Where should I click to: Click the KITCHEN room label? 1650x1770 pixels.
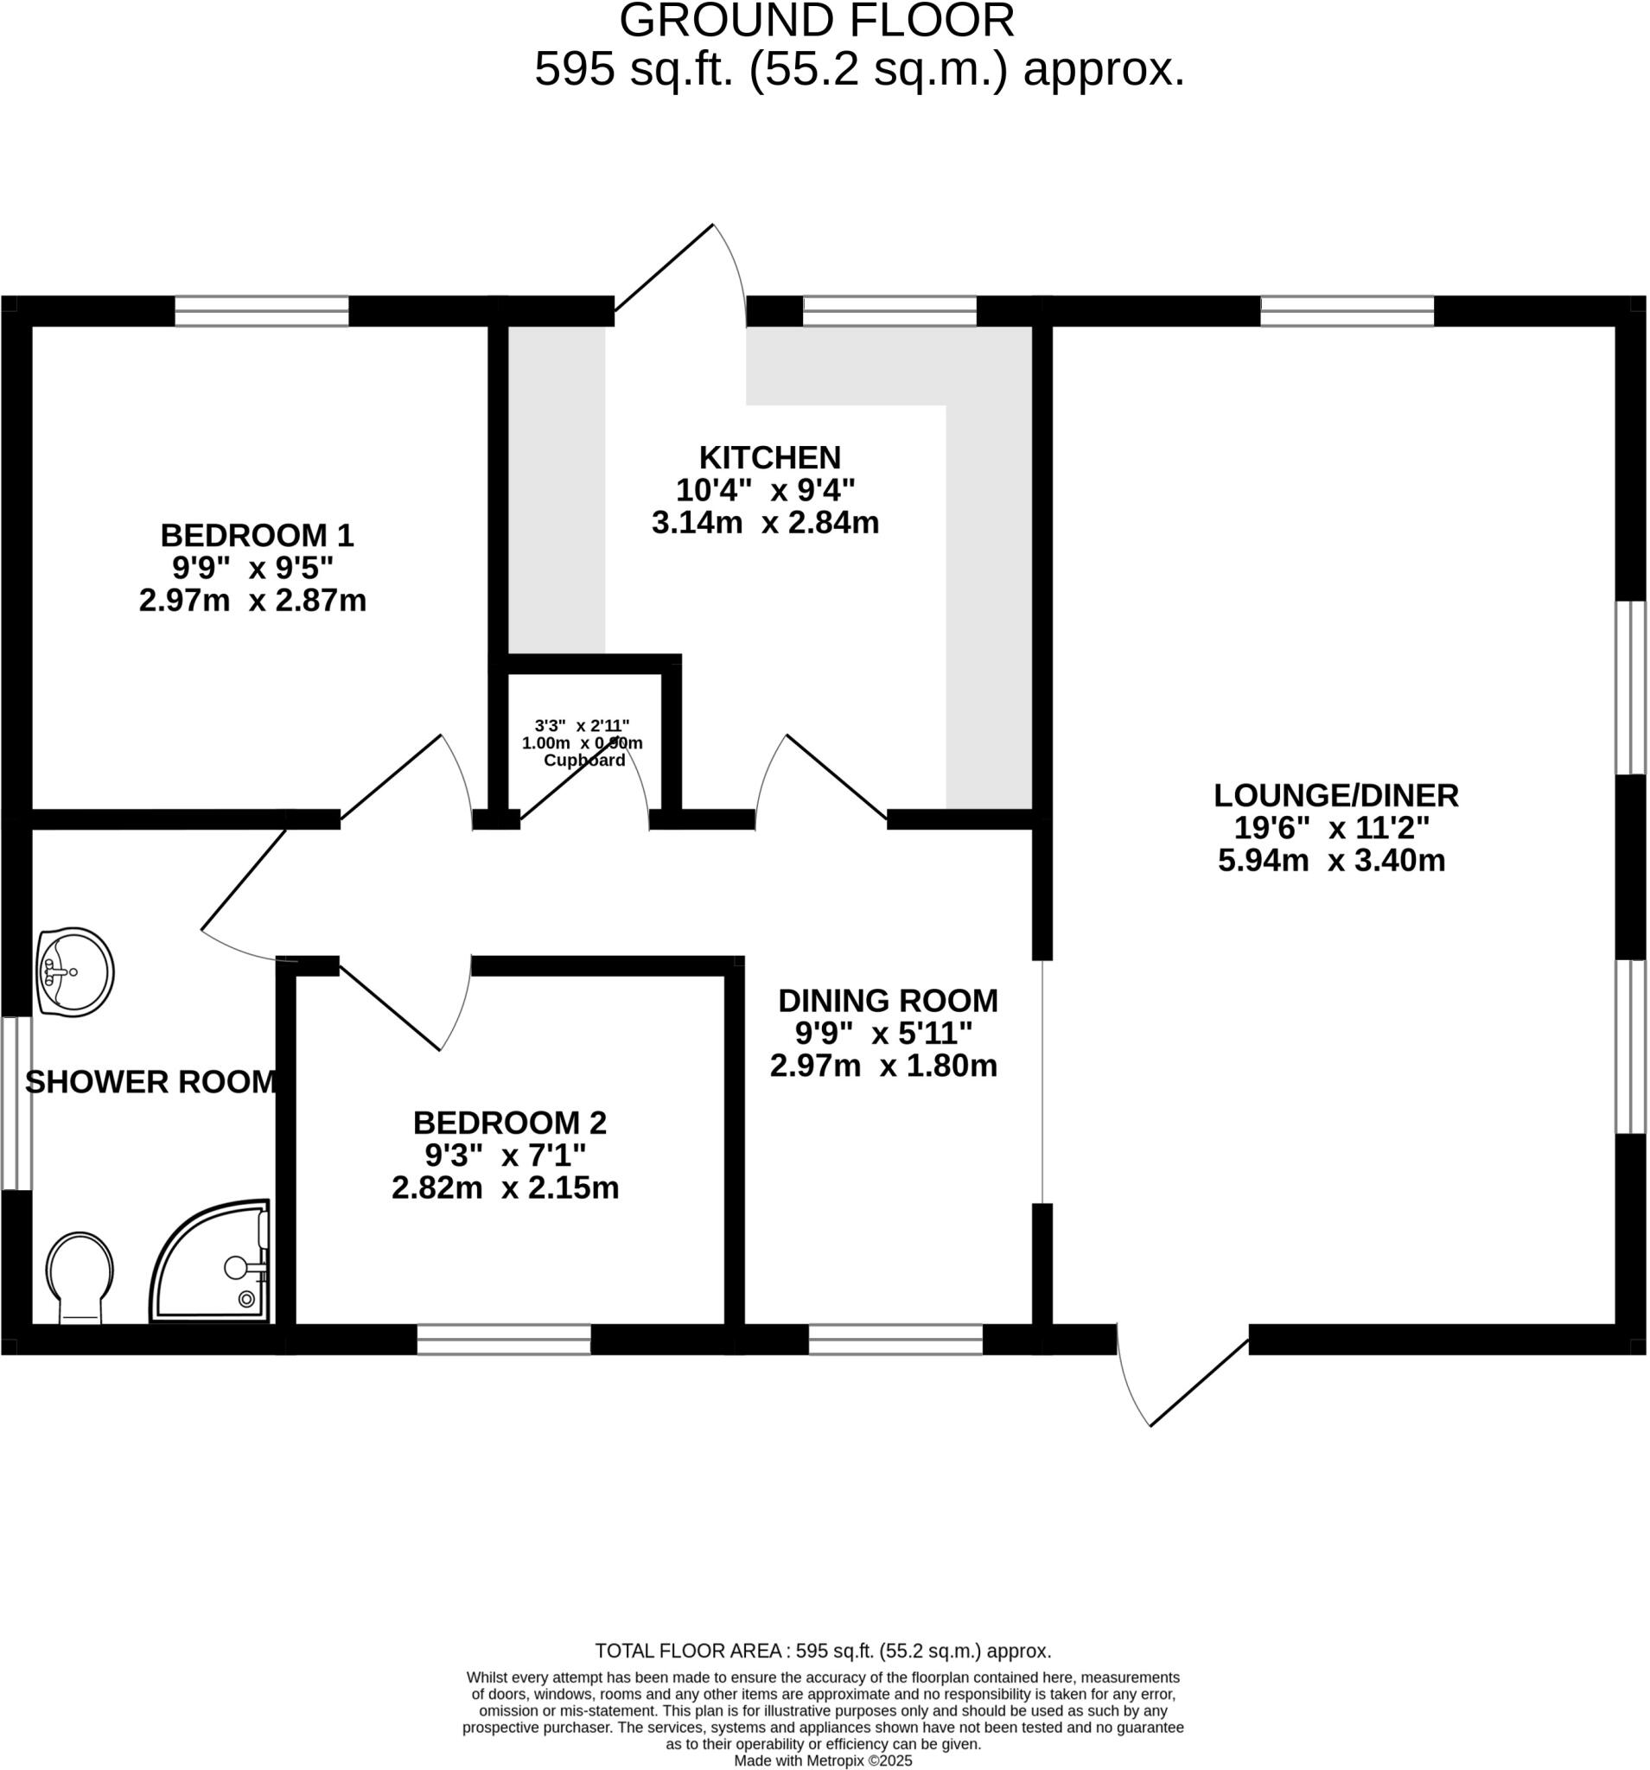[x=769, y=458]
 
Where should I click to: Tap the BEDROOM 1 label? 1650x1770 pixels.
[x=257, y=535]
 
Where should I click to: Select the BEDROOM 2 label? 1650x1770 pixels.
[x=509, y=1123]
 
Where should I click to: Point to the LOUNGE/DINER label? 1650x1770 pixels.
[x=1335, y=795]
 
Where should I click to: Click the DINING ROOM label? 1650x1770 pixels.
[x=888, y=1001]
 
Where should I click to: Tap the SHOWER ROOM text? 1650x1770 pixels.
[x=150, y=1082]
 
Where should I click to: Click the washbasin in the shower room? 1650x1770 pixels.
[x=75, y=971]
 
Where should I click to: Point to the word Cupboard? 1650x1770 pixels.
[x=584, y=760]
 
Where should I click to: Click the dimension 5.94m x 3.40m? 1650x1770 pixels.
[x=1331, y=861]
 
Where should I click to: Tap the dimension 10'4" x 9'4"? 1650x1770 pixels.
[x=765, y=490]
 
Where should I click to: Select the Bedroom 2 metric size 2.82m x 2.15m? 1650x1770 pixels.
[x=505, y=1187]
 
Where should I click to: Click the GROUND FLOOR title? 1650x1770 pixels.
[x=817, y=21]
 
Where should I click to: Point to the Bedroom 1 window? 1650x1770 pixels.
[x=261, y=311]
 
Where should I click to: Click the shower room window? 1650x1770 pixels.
[x=16, y=1103]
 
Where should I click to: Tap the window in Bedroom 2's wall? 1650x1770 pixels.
[x=503, y=1339]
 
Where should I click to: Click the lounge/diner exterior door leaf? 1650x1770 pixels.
[x=1199, y=1383]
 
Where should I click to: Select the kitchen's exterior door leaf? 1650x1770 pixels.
[x=665, y=267]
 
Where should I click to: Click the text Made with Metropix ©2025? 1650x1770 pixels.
[x=823, y=1760]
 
